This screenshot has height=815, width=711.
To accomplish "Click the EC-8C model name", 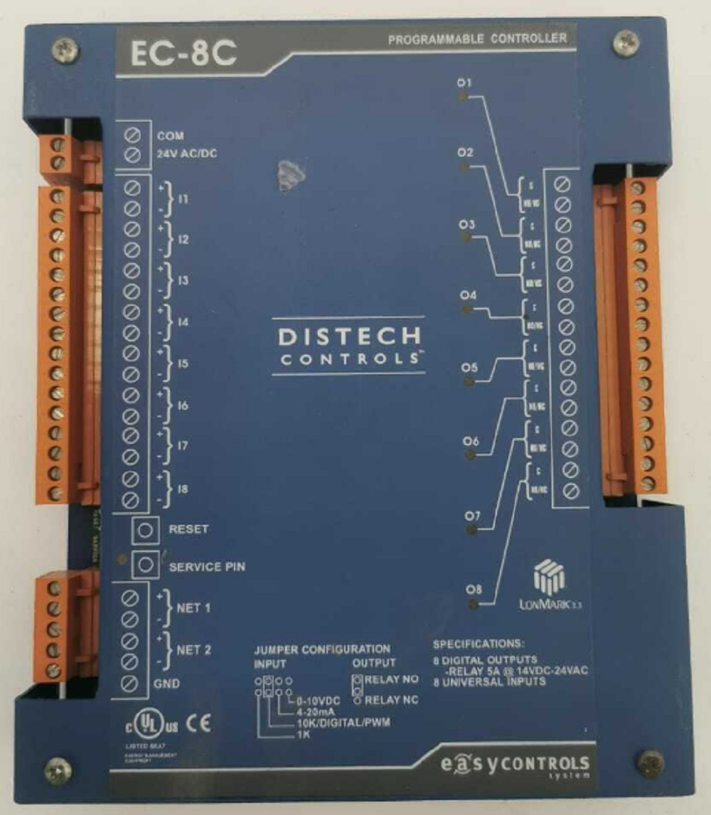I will coord(183,55).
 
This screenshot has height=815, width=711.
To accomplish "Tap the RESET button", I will coord(145,530).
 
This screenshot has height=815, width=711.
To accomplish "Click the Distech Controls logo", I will coord(348,345).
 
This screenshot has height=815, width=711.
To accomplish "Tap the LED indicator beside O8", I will coord(471,604).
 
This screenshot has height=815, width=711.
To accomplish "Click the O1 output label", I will coord(466,82).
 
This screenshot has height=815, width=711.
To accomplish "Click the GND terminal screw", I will coord(130,683).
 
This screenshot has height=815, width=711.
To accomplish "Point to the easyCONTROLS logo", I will coord(515,765).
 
